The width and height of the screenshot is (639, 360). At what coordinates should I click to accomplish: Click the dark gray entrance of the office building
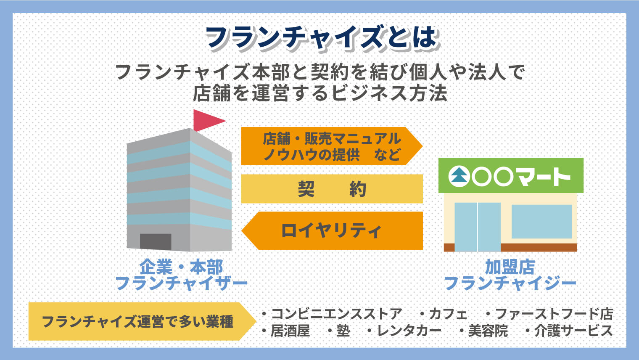(156, 241)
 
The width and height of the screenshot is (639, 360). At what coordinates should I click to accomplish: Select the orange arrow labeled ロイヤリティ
(332, 231)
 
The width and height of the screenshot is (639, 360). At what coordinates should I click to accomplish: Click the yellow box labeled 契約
(332, 189)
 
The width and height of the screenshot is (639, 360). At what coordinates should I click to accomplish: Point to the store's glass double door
(478, 226)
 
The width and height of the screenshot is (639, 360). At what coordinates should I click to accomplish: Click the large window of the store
(541, 221)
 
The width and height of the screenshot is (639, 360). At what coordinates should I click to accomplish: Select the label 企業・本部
(181, 267)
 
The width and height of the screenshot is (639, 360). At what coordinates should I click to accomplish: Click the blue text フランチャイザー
(181, 283)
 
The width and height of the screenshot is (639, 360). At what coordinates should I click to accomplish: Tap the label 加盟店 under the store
(510, 267)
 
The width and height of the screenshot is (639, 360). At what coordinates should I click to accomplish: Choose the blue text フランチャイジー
(510, 283)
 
